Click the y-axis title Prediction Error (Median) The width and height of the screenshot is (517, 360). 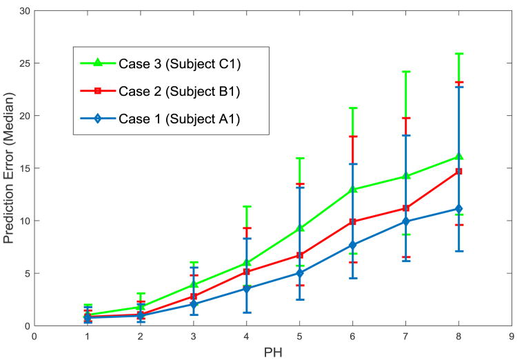coord(10,168)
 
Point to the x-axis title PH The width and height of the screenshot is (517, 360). coord(273,352)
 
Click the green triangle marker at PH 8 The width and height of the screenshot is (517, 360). coord(458,157)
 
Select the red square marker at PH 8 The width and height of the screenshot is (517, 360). coord(458,172)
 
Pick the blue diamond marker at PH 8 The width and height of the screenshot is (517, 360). coord(458,209)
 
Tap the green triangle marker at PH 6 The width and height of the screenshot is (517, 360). coord(352,189)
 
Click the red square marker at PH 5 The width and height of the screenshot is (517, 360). coord(299,255)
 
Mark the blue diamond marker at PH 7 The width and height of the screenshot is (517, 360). coord(405,221)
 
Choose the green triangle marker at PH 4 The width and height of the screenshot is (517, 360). coord(246,263)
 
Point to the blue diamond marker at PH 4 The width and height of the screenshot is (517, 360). coord(246,289)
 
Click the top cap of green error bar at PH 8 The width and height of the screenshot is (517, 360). coord(458,54)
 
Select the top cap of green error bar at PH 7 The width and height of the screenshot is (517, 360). coord(405,72)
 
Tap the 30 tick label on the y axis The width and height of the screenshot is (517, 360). coord(23,11)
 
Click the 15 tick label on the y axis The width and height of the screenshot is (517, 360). coord(23,168)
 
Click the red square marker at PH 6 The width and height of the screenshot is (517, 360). coord(352,222)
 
